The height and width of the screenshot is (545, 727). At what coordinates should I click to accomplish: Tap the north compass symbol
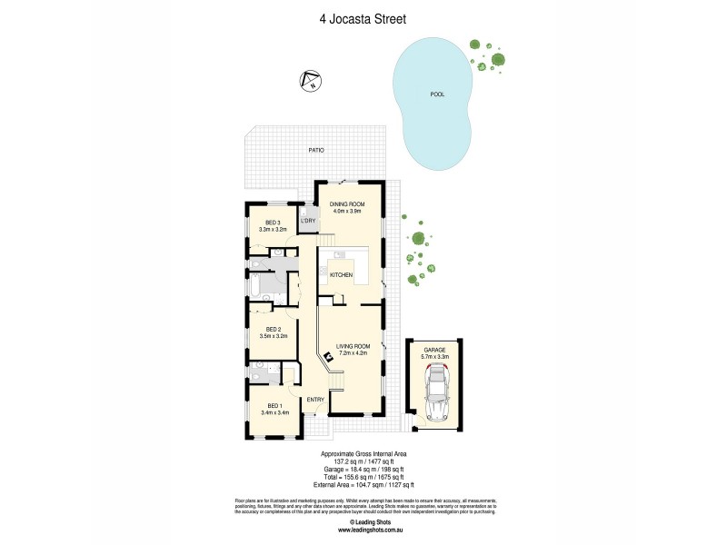[310, 81]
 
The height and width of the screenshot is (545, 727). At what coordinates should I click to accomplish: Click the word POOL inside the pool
[437, 94]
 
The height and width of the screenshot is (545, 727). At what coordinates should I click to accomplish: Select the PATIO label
[315, 150]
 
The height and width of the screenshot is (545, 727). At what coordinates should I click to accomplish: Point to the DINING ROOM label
[346, 204]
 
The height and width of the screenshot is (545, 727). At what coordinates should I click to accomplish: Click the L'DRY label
[308, 221]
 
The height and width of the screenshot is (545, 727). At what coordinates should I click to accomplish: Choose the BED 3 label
[273, 223]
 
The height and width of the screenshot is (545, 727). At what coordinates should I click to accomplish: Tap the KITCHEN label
[341, 274]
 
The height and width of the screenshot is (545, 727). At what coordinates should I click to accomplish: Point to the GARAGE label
[433, 349]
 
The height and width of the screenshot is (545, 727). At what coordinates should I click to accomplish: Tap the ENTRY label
[315, 400]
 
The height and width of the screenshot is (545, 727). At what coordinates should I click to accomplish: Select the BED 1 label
[274, 405]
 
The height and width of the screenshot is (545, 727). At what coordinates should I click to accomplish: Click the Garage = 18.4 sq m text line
[363, 470]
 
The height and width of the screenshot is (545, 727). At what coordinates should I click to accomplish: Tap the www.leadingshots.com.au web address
[363, 530]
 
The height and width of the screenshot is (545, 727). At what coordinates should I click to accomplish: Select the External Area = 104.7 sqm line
[363, 484]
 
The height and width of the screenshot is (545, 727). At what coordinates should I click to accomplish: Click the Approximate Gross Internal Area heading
[363, 455]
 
